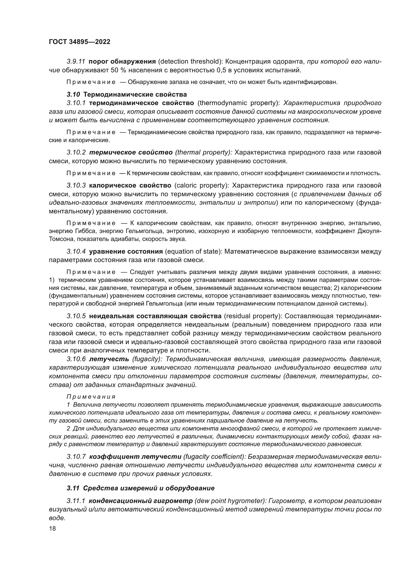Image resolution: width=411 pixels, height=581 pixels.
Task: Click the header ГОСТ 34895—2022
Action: click(80, 42)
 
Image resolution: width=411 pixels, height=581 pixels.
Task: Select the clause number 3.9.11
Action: click(76, 62)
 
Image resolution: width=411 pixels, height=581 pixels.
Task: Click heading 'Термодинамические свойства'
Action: click(135, 94)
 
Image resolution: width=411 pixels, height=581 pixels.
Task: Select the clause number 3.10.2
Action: click(76, 152)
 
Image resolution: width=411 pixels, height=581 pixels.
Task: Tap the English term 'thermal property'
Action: click(204, 152)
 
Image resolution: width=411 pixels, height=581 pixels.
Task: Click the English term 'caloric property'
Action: click(202, 186)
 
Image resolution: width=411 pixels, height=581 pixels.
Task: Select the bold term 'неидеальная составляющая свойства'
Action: click(155, 316)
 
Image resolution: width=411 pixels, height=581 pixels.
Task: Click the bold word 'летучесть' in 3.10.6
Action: click(109, 359)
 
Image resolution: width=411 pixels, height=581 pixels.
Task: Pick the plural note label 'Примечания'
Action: click(91, 397)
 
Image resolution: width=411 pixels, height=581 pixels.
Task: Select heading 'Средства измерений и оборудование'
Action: click(149, 488)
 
